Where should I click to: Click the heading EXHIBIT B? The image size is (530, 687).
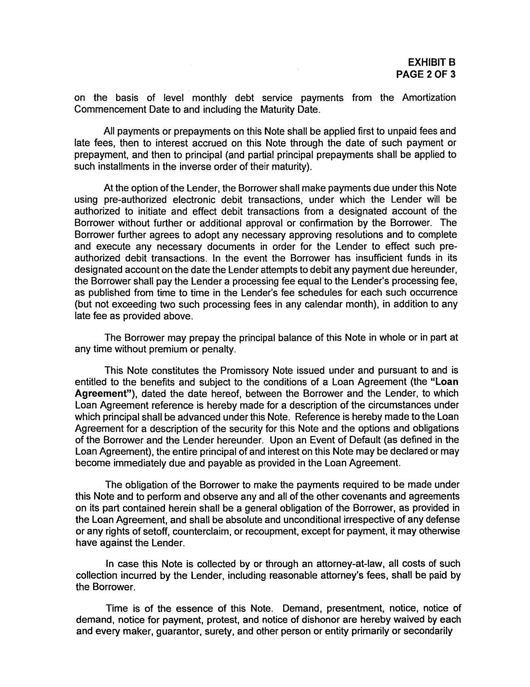pyautogui.click(x=432, y=62)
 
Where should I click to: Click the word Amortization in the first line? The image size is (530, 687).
pyautogui.click(x=429, y=98)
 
